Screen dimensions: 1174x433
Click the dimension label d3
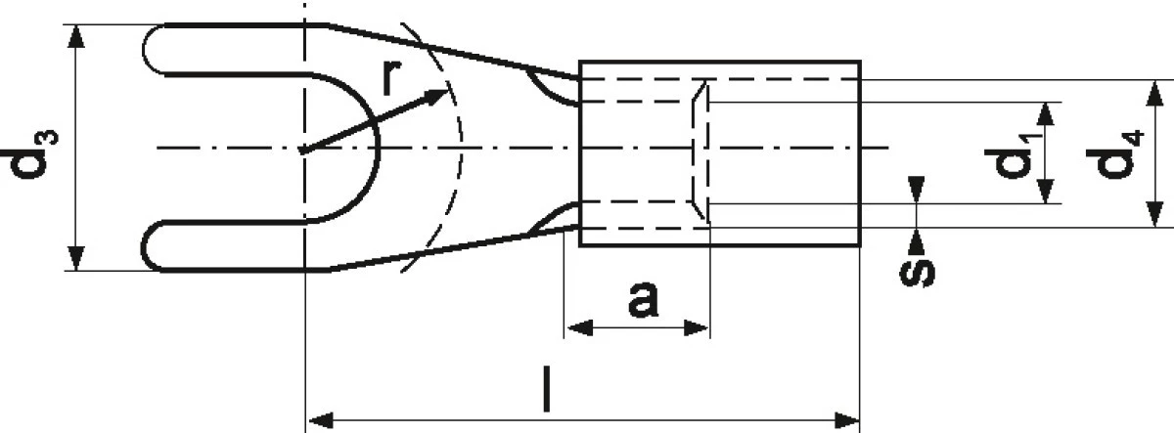tap(30, 153)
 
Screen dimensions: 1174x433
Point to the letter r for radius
tap(391, 77)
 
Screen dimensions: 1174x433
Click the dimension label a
tap(643, 299)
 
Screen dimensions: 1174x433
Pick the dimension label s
tap(918, 273)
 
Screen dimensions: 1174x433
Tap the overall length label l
tap(547, 389)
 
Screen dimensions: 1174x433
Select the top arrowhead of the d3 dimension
tap(76, 25)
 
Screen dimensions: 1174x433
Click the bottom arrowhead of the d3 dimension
tap(76, 270)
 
